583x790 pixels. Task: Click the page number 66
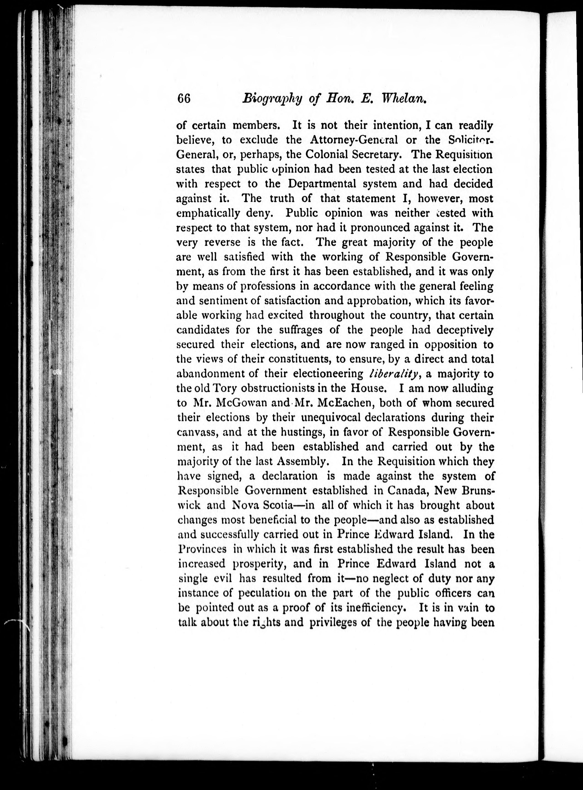pos(184,99)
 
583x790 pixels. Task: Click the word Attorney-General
pos(354,140)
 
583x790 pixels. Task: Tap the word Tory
pos(224,388)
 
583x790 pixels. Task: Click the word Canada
pos(408,491)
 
